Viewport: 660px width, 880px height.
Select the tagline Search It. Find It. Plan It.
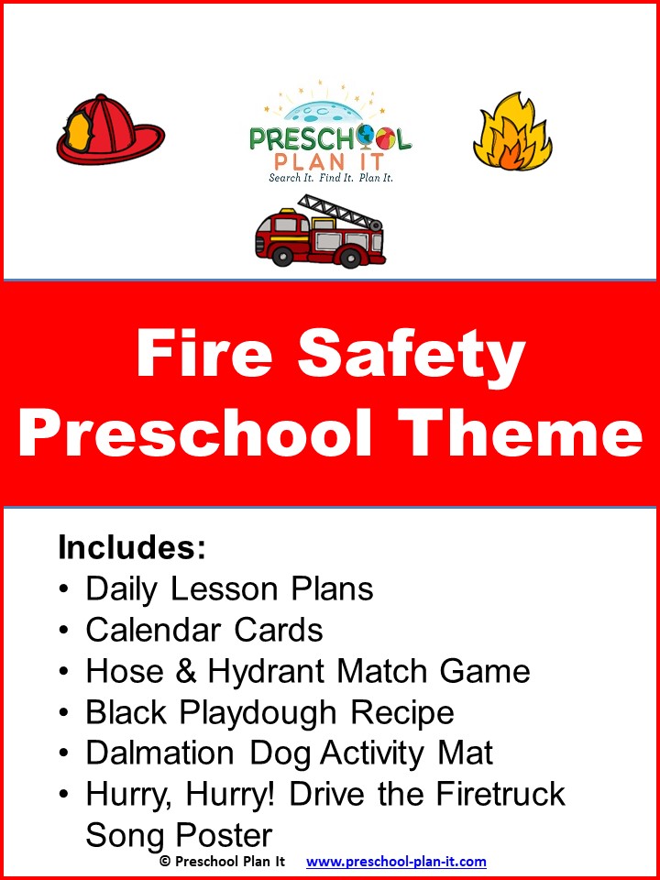pyautogui.click(x=330, y=177)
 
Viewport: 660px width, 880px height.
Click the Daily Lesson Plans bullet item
pyautogui.click(x=229, y=588)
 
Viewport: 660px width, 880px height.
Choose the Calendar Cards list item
pyautogui.click(x=203, y=630)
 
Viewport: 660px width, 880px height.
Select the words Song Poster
pyautogui.click(x=179, y=834)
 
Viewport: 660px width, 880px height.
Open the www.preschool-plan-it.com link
pyautogui.click(x=396, y=862)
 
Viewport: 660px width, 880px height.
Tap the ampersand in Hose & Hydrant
pyautogui.click(x=186, y=672)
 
